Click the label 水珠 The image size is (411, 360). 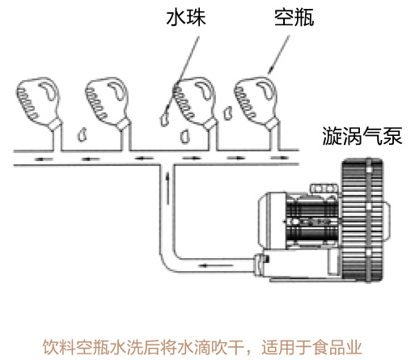pos(186,18)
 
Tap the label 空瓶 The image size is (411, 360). pos(294,18)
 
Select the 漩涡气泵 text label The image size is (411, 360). pos(362,136)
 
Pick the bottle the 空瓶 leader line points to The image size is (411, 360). pos(256,102)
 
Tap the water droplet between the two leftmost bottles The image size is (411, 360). pos(83,134)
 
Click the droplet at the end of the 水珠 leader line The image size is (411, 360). pos(164,120)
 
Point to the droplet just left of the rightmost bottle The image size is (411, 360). pos(227,112)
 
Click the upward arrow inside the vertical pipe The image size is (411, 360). pos(167,188)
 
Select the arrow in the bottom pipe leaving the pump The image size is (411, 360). pos(216,265)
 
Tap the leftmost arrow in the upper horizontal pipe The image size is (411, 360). pos(44,159)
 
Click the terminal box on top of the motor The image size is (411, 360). pos(324,188)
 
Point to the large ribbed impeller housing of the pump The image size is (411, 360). pos(362,221)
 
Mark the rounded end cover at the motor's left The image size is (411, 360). pos(272,219)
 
